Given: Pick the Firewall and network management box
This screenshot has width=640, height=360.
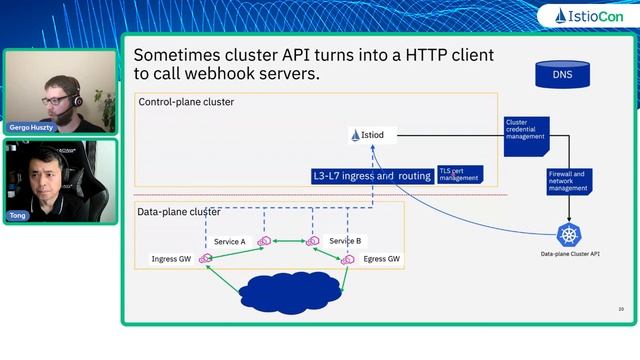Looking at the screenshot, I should (x=568, y=180).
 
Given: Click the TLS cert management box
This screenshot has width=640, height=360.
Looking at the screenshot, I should (x=459, y=175).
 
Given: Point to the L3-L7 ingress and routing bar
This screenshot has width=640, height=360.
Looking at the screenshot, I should (x=371, y=176).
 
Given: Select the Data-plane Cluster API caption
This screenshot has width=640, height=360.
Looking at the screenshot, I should (x=570, y=255).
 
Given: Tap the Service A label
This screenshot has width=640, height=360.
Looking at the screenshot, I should (x=229, y=242).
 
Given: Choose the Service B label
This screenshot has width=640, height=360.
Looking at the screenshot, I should (x=345, y=241).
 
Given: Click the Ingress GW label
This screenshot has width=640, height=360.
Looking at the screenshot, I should (x=170, y=259).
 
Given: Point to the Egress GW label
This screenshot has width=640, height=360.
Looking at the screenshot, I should (x=382, y=259).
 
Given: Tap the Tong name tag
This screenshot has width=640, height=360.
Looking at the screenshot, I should (x=18, y=215).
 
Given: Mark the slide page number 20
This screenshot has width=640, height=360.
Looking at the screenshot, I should (x=621, y=309).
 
